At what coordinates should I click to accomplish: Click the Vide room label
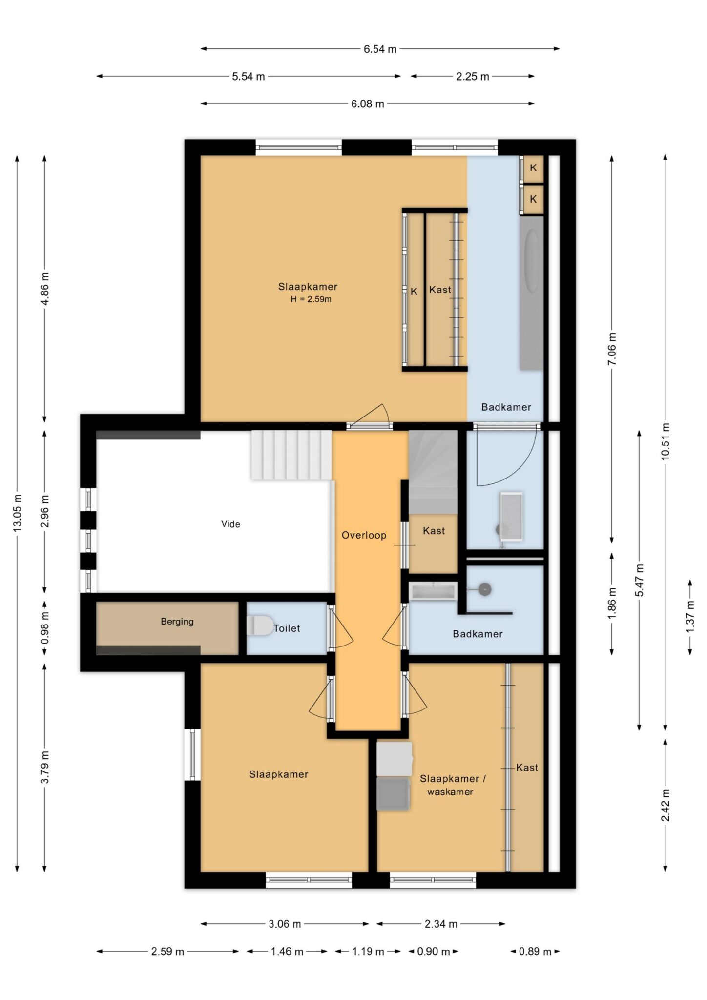click(x=230, y=524)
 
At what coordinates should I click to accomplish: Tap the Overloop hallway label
click(x=364, y=535)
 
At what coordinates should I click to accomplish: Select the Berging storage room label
click(x=177, y=622)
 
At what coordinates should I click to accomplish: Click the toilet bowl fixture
click(x=260, y=625)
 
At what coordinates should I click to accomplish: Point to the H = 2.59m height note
click(x=311, y=299)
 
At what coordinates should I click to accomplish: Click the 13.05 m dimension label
click(x=18, y=513)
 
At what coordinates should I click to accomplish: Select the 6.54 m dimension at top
click(x=380, y=49)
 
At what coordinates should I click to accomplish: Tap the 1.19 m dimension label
click(x=368, y=951)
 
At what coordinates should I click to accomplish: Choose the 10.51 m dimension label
click(x=665, y=441)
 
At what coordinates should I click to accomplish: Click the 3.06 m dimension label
click(x=285, y=924)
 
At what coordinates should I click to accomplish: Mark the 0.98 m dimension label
click(x=45, y=627)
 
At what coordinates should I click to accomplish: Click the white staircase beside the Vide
click(x=291, y=455)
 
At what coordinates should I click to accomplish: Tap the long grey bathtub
click(x=531, y=293)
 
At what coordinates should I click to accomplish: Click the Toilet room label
click(x=287, y=628)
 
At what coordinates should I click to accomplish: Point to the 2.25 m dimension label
click(x=473, y=76)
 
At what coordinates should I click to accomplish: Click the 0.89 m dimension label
click(x=535, y=951)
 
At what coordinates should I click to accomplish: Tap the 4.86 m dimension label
click(x=45, y=289)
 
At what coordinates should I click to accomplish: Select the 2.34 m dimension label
click(x=441, y=924)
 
